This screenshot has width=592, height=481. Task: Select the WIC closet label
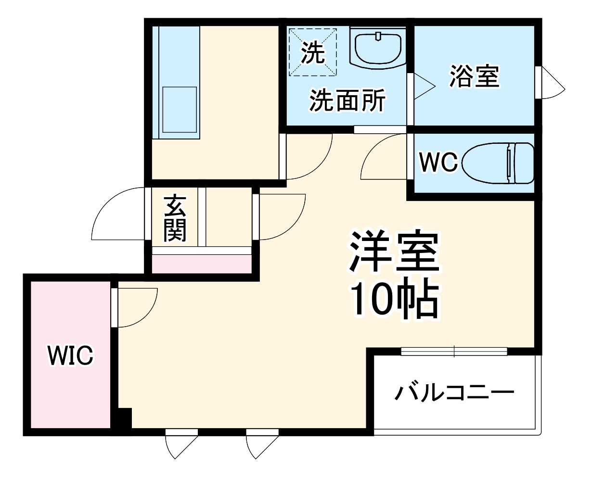pyautogui.click(x=70, y=356)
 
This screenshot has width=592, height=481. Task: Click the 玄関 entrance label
pyautogui.click(x=174, y=218)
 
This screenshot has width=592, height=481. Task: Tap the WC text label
pyautogui.click(x=438, y=163)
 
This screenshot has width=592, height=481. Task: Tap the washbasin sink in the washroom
pyautogui.click(x=378, y=47)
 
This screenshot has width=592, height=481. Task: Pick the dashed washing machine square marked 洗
pyautogui.click(x=312, y=52)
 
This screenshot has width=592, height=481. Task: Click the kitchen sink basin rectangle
pyautogui.click(x=180, y=110)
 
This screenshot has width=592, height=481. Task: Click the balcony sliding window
pyautogui.click(x=454, y=352)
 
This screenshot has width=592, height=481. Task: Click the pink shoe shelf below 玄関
pyautogui.click(x=202, y=264)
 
